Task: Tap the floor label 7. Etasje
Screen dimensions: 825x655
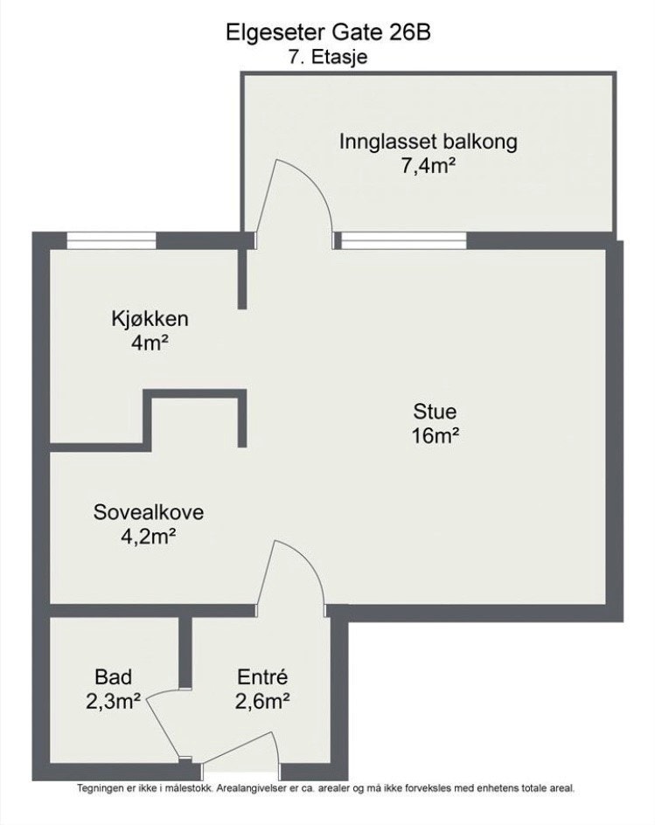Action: [x=327, y=58]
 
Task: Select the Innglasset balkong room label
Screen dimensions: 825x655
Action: [x=429, y=142]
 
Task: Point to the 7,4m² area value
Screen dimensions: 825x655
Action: [x=429, y=166]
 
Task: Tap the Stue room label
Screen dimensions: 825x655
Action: [x=436, y=412]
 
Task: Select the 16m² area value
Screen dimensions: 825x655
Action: [x=436, y=436]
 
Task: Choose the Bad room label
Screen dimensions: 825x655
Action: [x=113, y=676]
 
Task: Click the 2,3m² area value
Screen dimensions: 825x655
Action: [x=113, y=700]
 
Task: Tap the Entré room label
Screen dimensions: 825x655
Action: [x=262, y=676]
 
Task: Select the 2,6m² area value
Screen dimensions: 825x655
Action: [x=262, y=700]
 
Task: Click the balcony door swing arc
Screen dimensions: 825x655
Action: [x=302, y=188]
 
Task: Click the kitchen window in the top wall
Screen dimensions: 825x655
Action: [x=111, y=239]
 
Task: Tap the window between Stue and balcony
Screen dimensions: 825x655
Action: [x=403, y=239]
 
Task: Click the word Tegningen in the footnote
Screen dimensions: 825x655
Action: [x=101, y=787]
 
